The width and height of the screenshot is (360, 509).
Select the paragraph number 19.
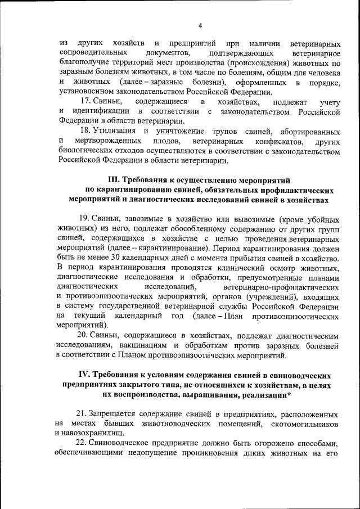pyautogui.click(x=85, y=219)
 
